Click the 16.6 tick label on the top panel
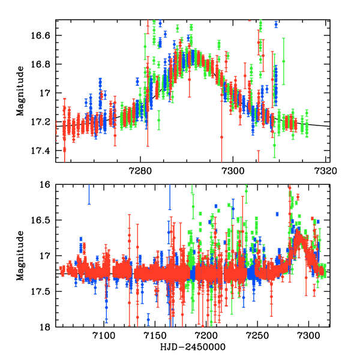point(43,35)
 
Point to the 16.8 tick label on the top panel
point(43,64)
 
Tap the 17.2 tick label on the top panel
point(43,122)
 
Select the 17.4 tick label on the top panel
point(43,150)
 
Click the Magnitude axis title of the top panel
point(20,92)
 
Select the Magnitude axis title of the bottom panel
point(20,256)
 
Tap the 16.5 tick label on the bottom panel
point(43,221)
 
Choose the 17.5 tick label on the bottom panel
point(43,292)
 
